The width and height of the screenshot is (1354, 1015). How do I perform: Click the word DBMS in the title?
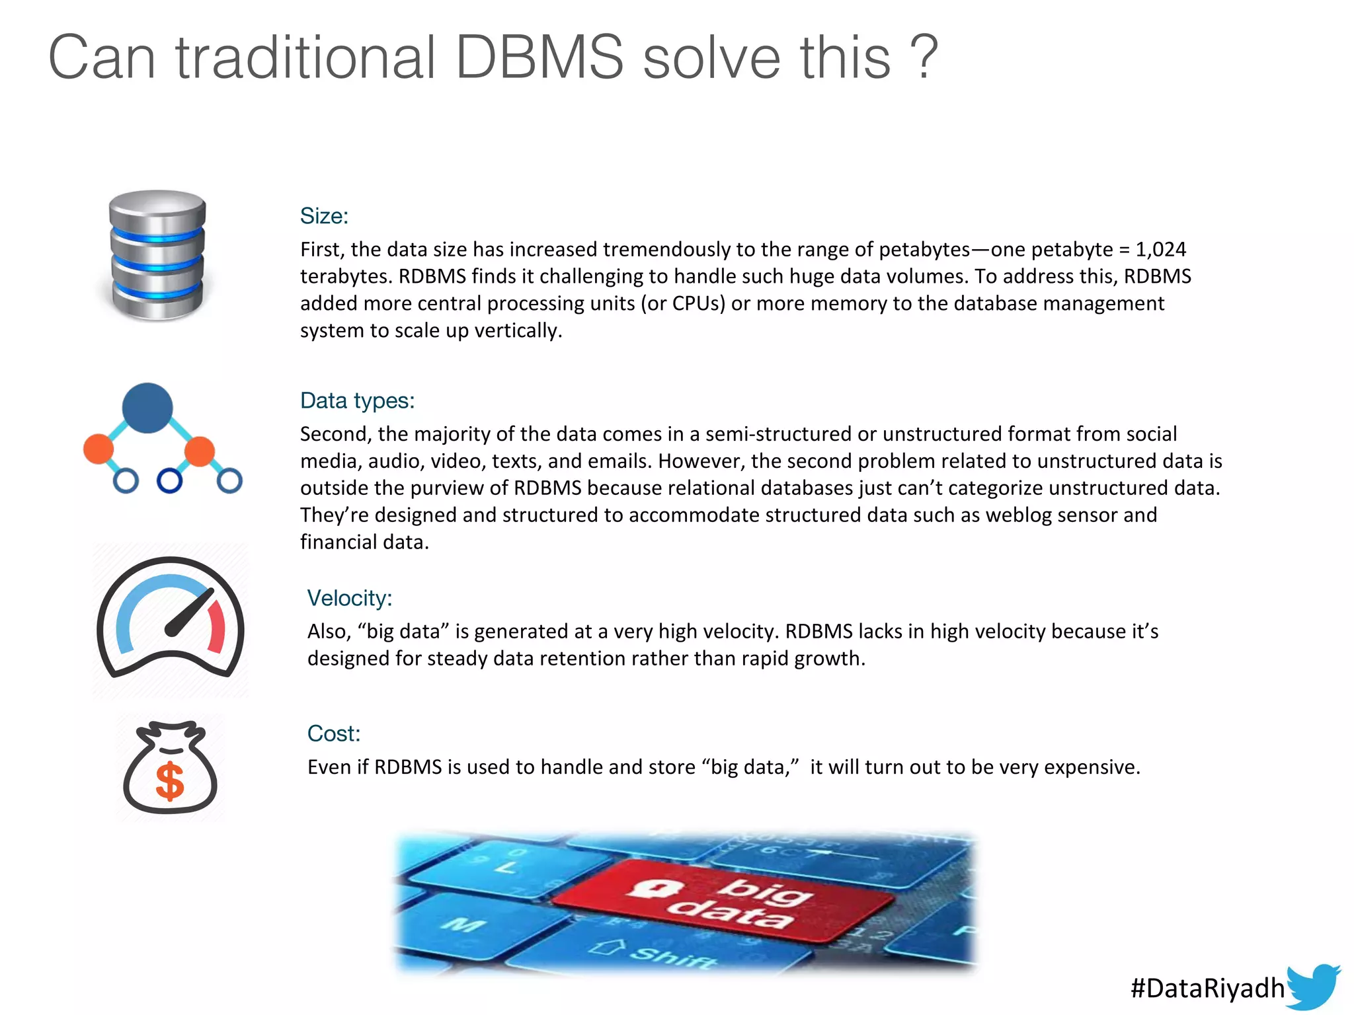[539, 57]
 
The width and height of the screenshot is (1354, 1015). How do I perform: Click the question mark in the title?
[924, 57]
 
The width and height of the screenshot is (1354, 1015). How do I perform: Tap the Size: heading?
[324, 216]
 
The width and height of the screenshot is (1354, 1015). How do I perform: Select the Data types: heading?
[357, 400]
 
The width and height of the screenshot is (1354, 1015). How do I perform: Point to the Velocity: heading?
[350, 598]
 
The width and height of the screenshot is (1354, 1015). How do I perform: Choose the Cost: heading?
[334, 733]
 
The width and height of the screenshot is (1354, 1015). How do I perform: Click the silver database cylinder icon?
[157, 255]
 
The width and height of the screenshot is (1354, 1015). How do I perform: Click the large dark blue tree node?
[147, 408]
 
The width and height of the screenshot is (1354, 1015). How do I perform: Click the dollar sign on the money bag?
[170, 781]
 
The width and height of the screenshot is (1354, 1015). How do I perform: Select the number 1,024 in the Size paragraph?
[1161, 249]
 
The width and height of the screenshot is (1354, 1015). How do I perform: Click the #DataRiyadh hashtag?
[1207, 988]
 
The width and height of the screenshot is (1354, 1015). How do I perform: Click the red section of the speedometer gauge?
[217, 628]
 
